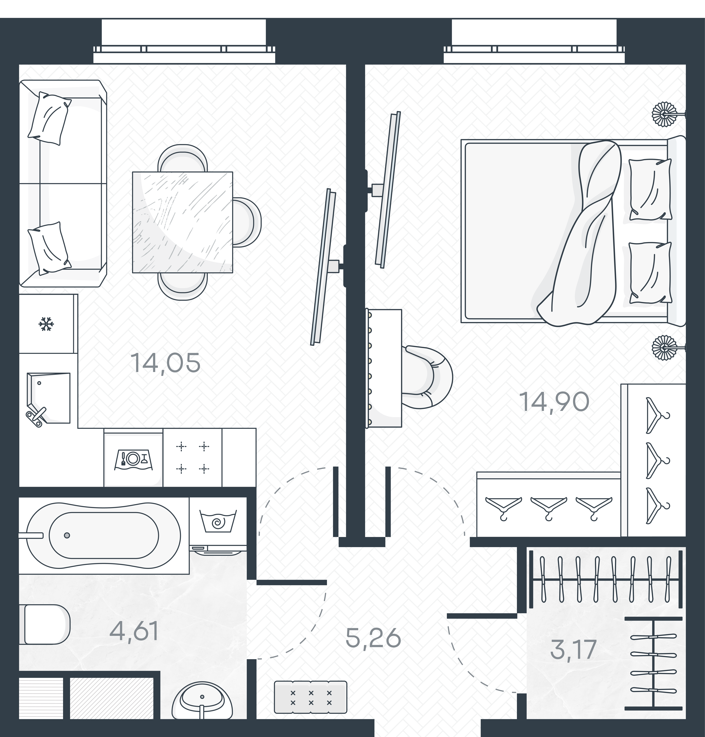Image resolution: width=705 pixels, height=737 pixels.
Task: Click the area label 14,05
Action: click(165, 363)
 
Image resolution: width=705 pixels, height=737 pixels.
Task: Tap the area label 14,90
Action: click(554, 402)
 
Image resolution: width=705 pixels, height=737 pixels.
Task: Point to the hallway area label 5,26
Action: click(373, 638)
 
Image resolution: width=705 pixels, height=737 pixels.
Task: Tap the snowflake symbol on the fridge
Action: click(47, 324)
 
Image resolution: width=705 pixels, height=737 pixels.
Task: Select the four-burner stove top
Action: click(192, 457)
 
